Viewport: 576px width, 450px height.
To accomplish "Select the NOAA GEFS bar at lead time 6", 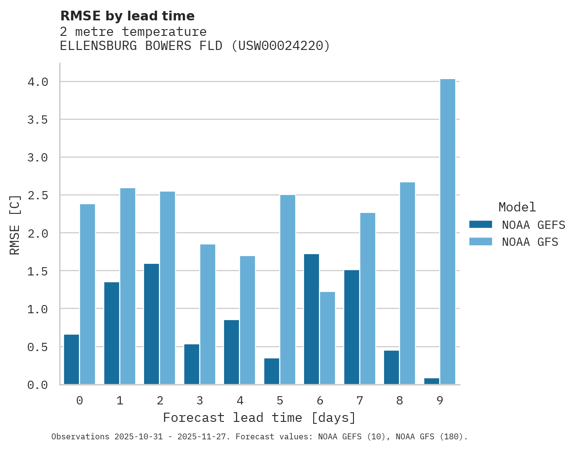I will (x=311, y=319).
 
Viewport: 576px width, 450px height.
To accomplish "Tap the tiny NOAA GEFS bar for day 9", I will (x=432, y=381).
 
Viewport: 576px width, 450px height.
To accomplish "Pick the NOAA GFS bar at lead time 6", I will (x=327, y=338).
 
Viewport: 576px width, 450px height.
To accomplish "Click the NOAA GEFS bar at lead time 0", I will (x=71, y=359).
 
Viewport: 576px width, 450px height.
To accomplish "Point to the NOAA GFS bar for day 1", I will (x=128, y=286).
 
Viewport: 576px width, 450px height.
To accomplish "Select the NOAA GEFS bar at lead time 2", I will (x=151, y=324).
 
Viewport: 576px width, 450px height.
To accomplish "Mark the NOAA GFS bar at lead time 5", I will (x=288, y=289).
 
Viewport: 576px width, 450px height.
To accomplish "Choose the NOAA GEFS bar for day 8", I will (x=391, y=367).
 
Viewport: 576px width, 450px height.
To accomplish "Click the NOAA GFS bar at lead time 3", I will (x=208, y=314).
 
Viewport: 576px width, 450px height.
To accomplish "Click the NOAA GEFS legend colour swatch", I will (x=480, y=225).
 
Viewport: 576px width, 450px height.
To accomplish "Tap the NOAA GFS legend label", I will (x=530, y=241).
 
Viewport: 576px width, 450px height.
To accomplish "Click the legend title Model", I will (x=517, y=207).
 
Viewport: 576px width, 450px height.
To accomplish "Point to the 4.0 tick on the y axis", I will (x=38, y=82).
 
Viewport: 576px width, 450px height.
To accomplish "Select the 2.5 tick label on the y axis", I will (x=38, y=195).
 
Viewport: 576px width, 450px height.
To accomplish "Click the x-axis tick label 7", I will (x=359, y=401).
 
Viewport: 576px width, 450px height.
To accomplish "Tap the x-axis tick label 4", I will (x=240, y=401).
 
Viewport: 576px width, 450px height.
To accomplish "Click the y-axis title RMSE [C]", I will (x=15, y=225).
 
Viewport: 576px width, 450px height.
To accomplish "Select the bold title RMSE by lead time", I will (x=127, y=16).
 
